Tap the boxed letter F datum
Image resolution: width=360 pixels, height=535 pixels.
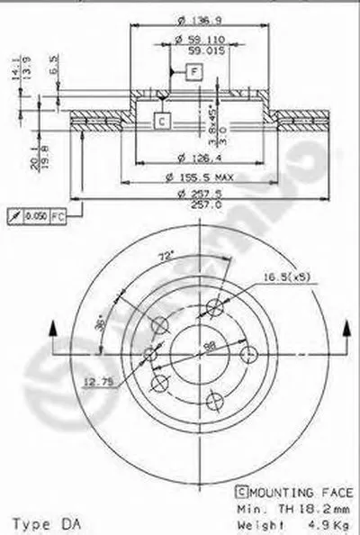194,79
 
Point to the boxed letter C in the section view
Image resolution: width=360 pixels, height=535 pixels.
159,119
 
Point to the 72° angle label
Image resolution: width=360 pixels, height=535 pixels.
166,257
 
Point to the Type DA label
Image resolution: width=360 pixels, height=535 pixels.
43,521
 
